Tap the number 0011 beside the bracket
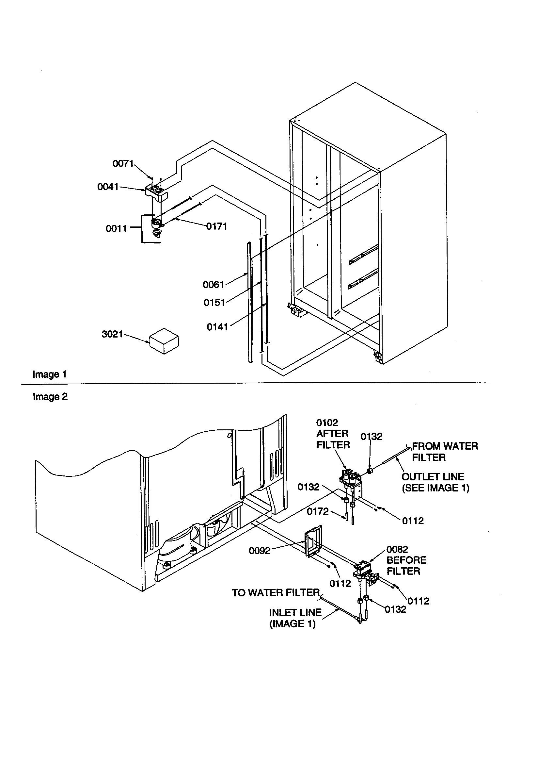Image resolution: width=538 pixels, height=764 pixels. click(x=116, y=229)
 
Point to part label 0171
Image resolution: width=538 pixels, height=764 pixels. click(x=217, y=226)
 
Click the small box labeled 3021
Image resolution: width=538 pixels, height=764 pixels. click(x=164, y=341)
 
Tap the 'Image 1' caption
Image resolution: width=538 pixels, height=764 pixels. click(x=50, y=374)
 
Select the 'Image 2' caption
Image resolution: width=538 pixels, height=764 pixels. click(x=50, y=397)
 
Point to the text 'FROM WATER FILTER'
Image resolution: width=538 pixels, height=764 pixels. click(x=445, y=452)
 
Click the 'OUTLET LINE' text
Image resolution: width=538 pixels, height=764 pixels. click(x=432, y=476)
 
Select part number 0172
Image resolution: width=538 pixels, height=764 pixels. click(x=318, y=511)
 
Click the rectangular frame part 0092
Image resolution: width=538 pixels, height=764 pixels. click(x=312, y=540)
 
